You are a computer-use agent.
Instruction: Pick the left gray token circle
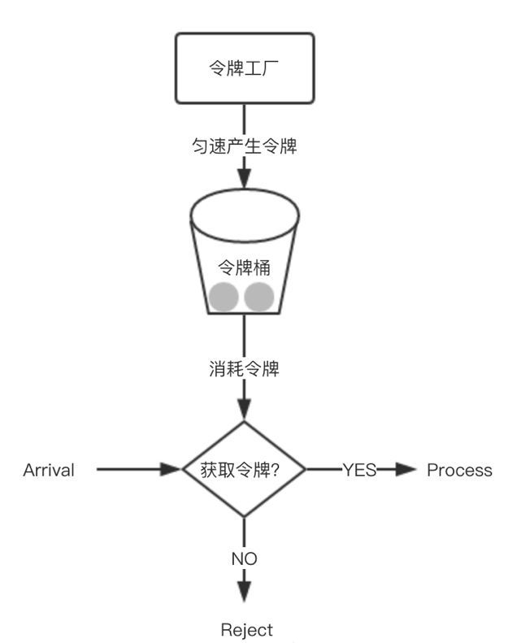tap(222, 298)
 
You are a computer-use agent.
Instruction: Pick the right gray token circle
tap(259, 298)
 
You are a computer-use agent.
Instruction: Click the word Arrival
tap(49, 470)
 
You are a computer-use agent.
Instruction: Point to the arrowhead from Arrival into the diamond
tap(170, 469)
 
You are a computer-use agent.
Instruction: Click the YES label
tap(359, 470)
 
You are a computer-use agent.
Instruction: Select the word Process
tap(460, 470)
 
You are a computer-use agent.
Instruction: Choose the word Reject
tap(247, 630)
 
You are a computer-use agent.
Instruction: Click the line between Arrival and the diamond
tap(130, 469)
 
